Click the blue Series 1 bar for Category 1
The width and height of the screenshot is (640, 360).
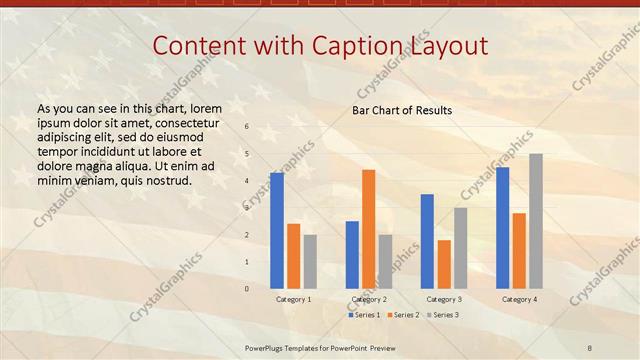click(276, 231)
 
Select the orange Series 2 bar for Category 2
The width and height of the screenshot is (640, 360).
click(368, 229)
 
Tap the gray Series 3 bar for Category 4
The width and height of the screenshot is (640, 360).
click(536, 221)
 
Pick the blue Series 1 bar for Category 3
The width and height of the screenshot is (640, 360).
click(427, 241)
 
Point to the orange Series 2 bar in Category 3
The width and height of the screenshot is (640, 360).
click(444, 264)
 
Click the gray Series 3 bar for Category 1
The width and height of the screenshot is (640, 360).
click(310, 262)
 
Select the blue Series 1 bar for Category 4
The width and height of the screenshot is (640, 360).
click(502, 228)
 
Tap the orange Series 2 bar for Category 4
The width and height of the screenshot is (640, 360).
click(519, 251)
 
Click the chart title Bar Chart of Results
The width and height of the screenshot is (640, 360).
click(402, 110)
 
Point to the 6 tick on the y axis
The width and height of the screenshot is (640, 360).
click(247, 127)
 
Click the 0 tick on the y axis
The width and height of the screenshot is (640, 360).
click(247, 289)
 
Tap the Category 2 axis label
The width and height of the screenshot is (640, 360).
click(370, 299)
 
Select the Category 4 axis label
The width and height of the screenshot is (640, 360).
click(519, 299)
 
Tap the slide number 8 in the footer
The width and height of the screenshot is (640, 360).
click(590, 346)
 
